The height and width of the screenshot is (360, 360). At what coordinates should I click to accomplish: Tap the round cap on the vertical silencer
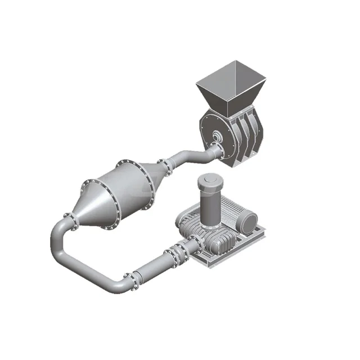[x=209, y=179]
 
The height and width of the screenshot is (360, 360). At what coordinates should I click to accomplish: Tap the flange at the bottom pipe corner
[x=129, y=279]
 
